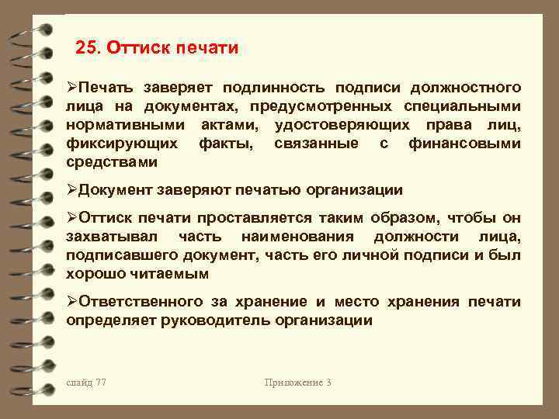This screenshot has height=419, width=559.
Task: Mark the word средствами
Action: click(112, 162)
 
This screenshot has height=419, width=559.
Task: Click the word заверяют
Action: click(190, 190)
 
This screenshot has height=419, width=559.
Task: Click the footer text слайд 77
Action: click(86, 383)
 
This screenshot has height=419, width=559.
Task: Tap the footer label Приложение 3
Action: click(297, 383)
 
